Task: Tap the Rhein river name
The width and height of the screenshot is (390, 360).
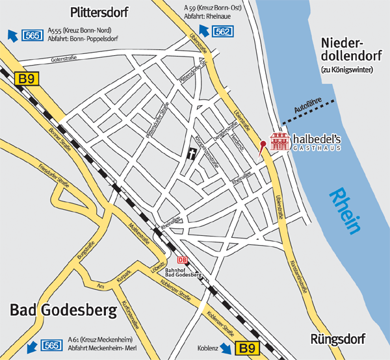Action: coord(344,211)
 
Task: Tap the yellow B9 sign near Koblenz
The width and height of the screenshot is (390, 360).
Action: coord(246,348)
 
